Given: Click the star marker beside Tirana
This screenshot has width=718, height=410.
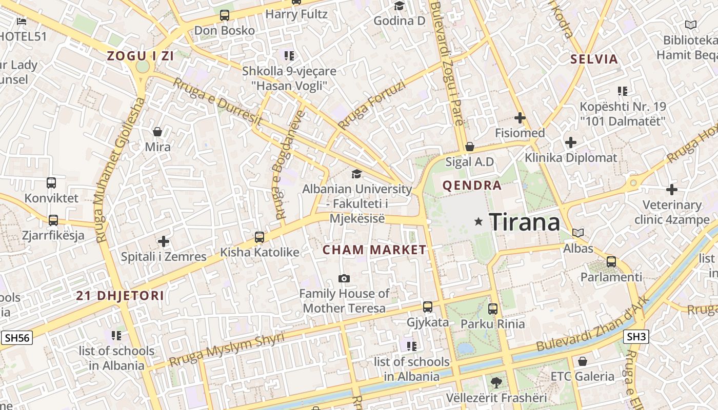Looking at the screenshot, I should (x=479, y=221).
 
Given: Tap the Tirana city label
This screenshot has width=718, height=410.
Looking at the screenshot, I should (x=524, y=222).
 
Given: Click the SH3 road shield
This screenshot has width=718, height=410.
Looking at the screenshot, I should (x=636, y=337).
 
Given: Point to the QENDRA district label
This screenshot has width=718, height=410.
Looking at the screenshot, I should (x=472, y=186).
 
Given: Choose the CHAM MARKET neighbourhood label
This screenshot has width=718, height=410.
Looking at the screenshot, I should (x=374, y=250).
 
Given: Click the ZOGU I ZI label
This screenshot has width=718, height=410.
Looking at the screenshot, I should (x=140, y=56).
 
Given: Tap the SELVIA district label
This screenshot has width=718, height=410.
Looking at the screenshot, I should (x=594, y=59).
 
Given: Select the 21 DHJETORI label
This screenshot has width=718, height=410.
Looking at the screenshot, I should (x=120, y=296).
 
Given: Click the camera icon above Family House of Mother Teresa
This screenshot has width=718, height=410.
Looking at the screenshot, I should (x=344, y=279).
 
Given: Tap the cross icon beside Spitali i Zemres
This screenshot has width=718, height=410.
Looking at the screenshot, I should (x=164, y=241).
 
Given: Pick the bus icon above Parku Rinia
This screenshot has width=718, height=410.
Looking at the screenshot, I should (x=493, y=309).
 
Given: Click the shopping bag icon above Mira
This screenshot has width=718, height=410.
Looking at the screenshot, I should (x=157, y=132).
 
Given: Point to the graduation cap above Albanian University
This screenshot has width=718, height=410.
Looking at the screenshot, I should (x=356, y=174).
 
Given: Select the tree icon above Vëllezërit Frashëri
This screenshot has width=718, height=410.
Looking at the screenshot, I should (x=496, y=382).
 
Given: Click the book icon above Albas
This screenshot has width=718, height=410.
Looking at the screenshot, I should (x=578, y=233).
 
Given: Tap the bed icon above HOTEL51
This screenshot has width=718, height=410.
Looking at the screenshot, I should (x=22, y=21).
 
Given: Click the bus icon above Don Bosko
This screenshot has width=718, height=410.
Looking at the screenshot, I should (x=225, y=15).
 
